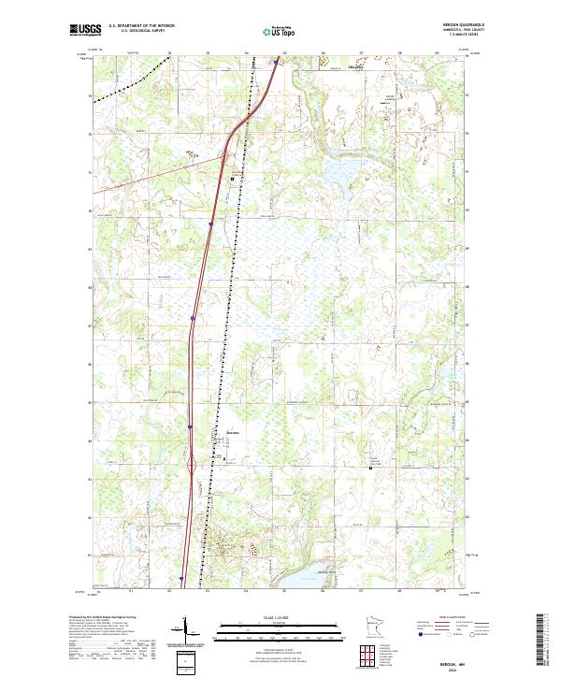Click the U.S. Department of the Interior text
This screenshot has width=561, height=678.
tap(141, 26)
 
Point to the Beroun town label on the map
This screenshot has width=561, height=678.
tap(234, 432)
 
